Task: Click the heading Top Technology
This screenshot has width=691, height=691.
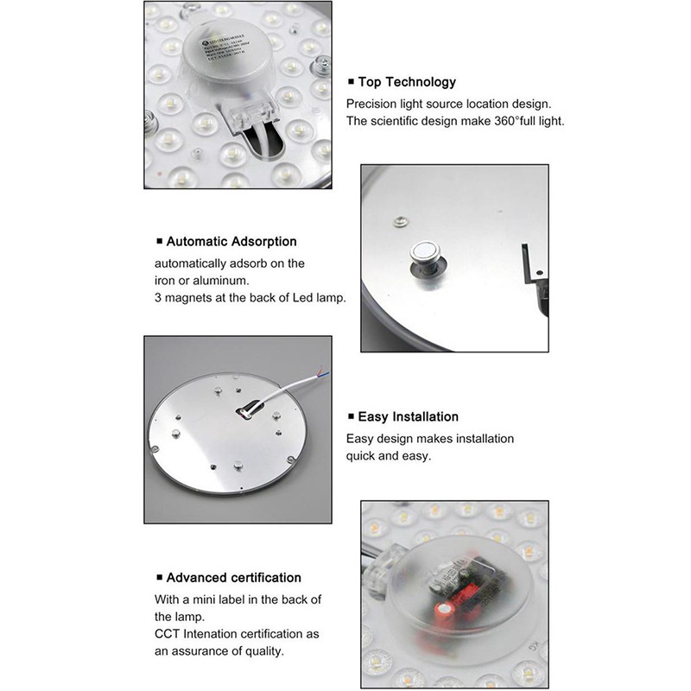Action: point(407,82)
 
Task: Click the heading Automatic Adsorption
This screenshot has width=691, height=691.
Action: point(231,242)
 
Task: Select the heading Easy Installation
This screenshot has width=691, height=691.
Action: point(408,417)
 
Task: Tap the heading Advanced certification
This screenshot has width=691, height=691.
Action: point(233,577)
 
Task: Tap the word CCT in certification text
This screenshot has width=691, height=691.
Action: point(168,634)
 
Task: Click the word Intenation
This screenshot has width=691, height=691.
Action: point(220,634)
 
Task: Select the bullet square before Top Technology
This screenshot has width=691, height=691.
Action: point(351,83)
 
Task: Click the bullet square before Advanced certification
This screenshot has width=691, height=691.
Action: point(159,578)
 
